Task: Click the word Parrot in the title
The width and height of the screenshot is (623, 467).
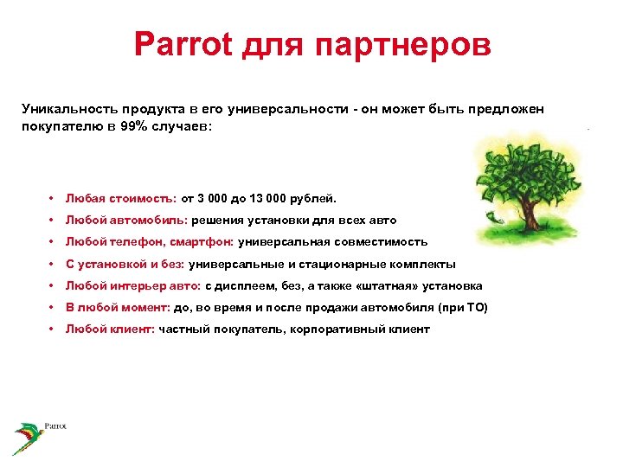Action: (x=183, y=45)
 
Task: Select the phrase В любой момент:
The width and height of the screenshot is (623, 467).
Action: (x=118, y=308)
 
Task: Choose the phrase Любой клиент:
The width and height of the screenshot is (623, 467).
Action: (x=110, y=329)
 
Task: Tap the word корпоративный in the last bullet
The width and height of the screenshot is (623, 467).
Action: (x=333, y=329)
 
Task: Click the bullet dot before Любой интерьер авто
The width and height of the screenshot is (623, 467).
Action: (x=53, y=285)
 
